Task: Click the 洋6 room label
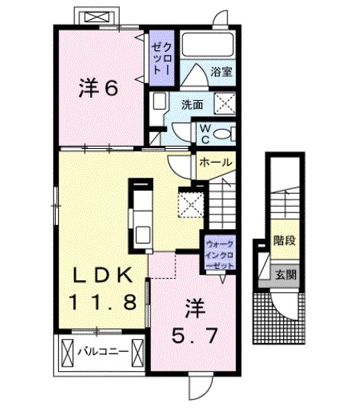(x=98, y=88)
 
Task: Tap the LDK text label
(x=102, y=276)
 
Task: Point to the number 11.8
(x=103, y=302)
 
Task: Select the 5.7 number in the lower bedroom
(x=194, y=336)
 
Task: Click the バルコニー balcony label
(x=104, y=351)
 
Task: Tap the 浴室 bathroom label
(x=221, y=72)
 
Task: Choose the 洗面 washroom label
(x=192, y=105)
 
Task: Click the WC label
(x=206, y=134)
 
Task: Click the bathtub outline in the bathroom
(x=207, y=44)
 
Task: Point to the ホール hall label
(x=216, y=163)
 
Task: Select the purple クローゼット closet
(x=162, y=58)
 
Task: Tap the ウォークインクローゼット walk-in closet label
(x=220, y=255)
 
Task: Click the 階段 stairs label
(x=284, y=240)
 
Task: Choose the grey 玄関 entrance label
(x=286, y=275)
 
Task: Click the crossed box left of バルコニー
(x=68, y=352)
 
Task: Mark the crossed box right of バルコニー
(x=138, y=352)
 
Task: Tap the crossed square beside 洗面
(x=225, y=104)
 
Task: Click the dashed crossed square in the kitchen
(x=191, y=205)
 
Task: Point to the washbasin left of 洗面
(x=159, y=102)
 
